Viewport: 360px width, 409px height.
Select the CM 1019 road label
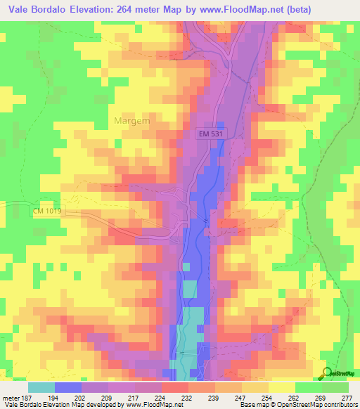47,210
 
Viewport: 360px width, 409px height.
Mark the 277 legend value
347,397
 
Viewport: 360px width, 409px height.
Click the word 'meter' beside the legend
11,397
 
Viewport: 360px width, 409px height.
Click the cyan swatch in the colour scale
41,387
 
